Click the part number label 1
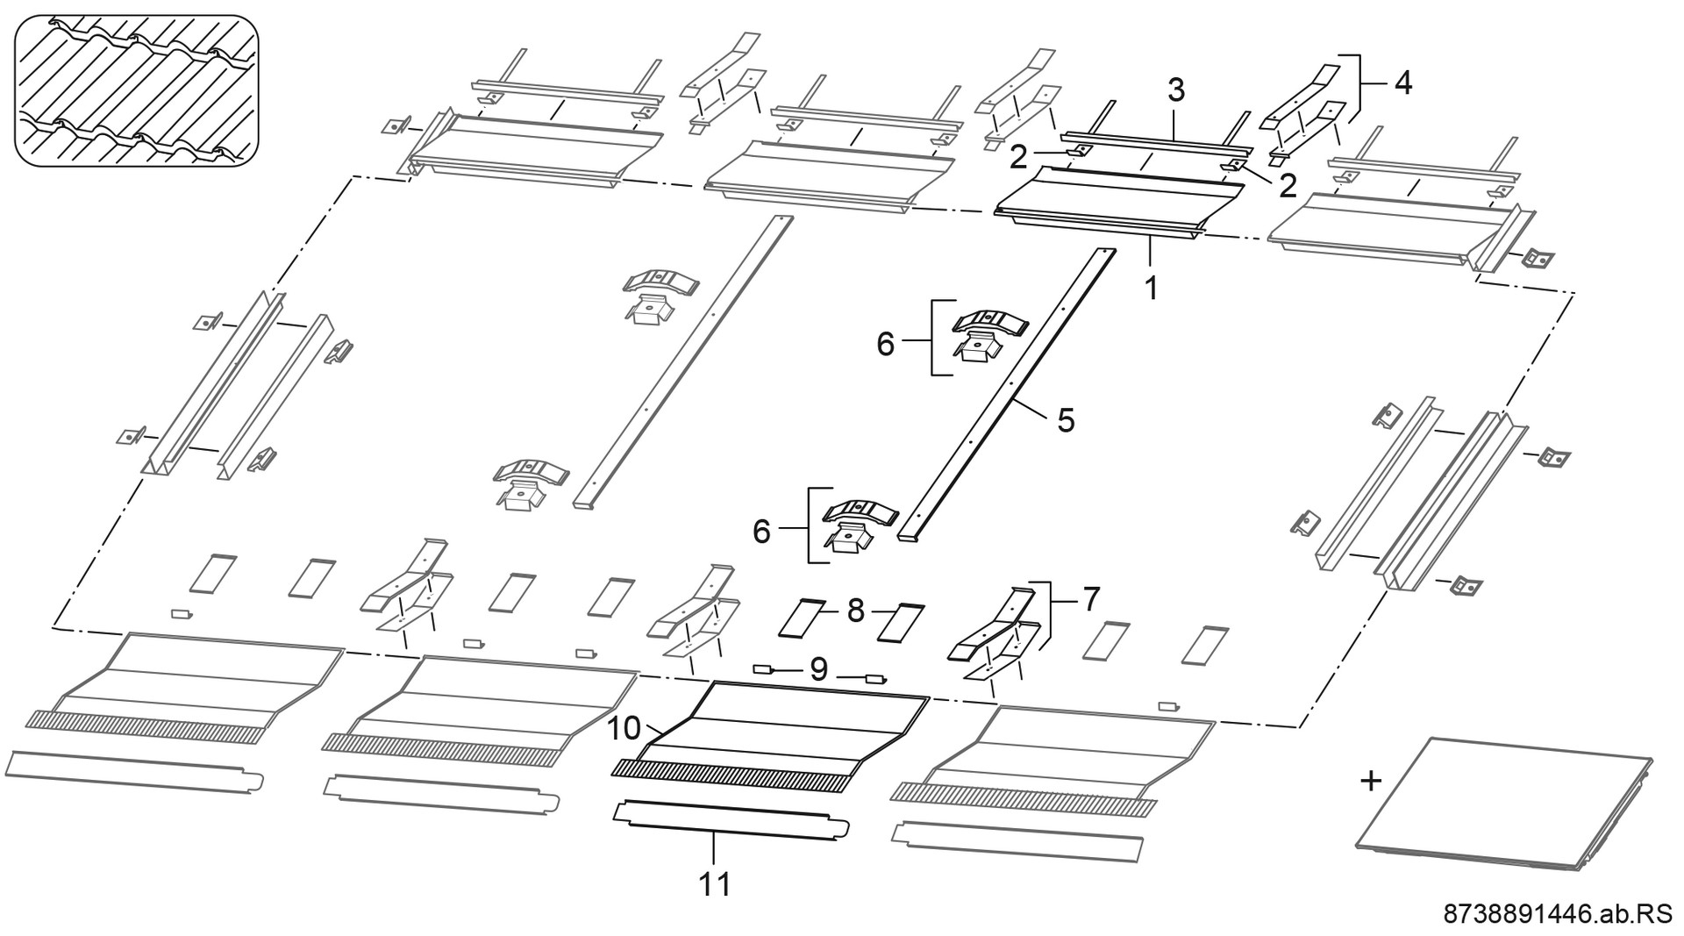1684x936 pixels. (x=1152, y=287)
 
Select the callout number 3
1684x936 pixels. (x=1176, y=89)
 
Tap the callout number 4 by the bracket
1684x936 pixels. (x=1403, y=83)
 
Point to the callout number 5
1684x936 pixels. (x=1066, y=420)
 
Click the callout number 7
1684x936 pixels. (x=1090, y=599)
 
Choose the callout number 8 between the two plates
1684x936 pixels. (x=856, y=611)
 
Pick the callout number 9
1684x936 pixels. (x=818, y=670)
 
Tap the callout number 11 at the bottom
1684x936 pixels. (x=715, y=883)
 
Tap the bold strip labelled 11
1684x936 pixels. (x=732, y=819)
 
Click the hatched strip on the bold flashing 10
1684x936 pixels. (x=732, y=776)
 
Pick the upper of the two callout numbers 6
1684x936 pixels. (x=885, y=345)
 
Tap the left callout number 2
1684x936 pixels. (x=1018, y=158)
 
